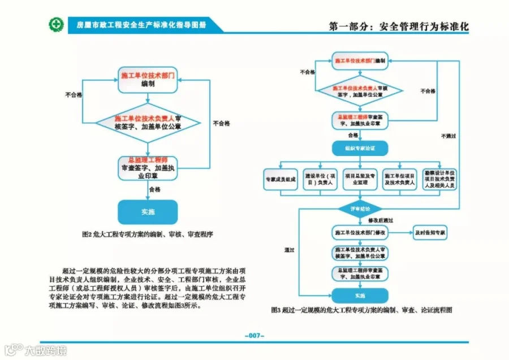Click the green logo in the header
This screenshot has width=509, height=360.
point(55,24)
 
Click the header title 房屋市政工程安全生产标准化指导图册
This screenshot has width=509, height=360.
point(141,25)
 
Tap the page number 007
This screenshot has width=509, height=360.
point(255,336)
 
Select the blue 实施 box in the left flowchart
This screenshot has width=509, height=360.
point(147,212)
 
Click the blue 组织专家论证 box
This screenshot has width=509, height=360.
point(360,149)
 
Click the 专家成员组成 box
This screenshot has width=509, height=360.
point(280,179)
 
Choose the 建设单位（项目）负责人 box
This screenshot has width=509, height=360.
point(320,179)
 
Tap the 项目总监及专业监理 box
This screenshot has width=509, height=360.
point(360,179)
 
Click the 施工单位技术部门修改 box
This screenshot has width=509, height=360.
point(360,232)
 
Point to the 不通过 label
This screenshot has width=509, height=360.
point(448,136)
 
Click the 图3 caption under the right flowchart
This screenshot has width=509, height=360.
point(362,310)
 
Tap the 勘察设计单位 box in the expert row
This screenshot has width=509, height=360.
point(441,179)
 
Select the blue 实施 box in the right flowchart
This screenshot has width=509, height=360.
point(360,296)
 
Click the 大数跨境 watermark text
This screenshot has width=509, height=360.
point(45,350)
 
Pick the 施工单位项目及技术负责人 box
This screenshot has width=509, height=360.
point(400,179)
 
